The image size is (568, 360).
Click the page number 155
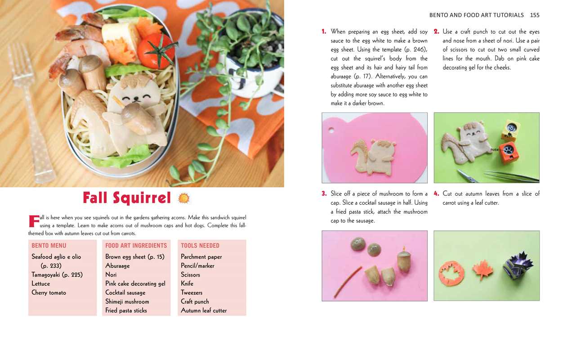click(x=534, y=15)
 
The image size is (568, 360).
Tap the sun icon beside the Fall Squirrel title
click(x=183, y=198)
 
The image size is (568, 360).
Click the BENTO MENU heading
click(x=49, y=245)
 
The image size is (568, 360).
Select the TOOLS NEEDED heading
click(x=200, y=245)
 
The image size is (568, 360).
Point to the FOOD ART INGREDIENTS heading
click(x=136, y=245)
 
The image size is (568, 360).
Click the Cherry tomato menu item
click(x=49, y=292)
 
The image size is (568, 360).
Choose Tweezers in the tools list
click(x=192, y=292)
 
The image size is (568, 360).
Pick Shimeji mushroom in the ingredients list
click(x=127, y=301)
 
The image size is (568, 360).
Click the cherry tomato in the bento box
click(x=156, y=50)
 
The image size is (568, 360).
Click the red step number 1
click(x=323, y=31)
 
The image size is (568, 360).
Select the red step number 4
click(x=436, y=193)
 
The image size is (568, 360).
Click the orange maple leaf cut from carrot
click(x=483, y=270)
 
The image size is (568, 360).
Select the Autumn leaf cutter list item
click(x=203, y=310)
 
